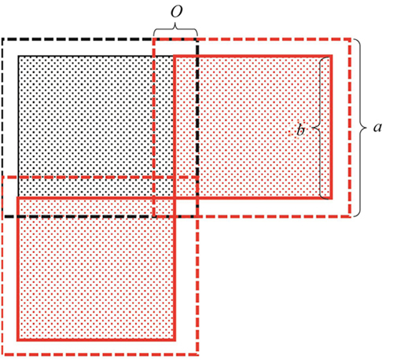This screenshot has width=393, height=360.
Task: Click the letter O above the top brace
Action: tap(176, 12)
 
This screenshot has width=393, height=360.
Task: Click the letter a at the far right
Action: tap(377, 127)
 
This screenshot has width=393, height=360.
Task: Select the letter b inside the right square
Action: tap(300, 130)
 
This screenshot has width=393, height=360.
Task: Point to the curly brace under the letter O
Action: tap(175, 30)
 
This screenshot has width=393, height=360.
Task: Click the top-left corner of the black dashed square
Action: tap(2, 39)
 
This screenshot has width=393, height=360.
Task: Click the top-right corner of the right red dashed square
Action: tap(350, 39)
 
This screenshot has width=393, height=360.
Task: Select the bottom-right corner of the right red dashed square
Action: tap(350, 216)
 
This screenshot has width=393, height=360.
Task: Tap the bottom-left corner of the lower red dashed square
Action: tap(2, 355)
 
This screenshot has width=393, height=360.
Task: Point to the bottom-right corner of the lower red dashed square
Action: tap(197, 355)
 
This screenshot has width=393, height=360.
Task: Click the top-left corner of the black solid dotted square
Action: tap(18, 56)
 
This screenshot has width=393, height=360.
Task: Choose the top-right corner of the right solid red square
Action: tap(332, 56)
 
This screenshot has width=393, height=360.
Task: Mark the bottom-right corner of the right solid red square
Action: tap(332, 198)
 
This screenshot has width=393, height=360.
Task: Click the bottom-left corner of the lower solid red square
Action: tap(17, 340)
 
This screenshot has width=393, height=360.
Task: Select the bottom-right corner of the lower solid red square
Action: tap(174, 340)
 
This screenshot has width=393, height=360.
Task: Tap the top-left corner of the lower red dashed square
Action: tap(2, 178)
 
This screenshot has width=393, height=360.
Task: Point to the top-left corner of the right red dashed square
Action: tap(154, 39)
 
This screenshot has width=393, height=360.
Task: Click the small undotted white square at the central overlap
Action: tap(185, 208)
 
